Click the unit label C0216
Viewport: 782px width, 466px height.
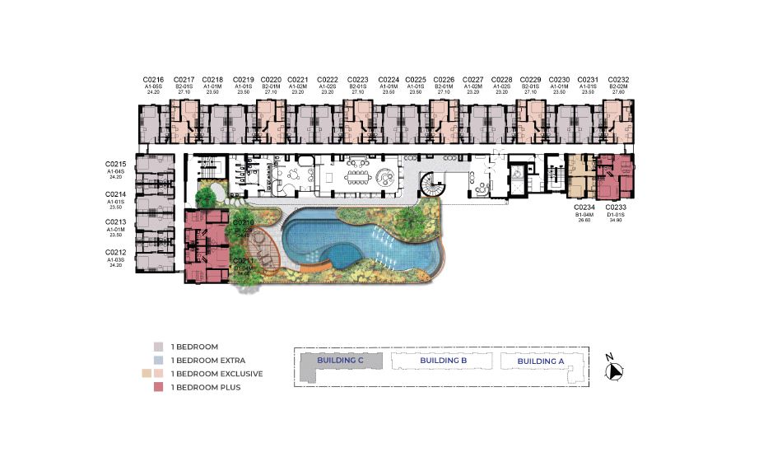point(153,79)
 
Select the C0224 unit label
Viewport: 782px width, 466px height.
point(389,79)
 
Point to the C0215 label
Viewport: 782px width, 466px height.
point(115,163)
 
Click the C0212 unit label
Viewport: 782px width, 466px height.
point(115,252)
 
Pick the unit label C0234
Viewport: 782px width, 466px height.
point(585,208)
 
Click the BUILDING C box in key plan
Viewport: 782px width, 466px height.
point(341,361)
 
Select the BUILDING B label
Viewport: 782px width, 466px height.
point(443,361)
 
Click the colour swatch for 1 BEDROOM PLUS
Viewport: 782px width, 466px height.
point(157,387)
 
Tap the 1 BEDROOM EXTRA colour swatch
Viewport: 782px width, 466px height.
point(157,360)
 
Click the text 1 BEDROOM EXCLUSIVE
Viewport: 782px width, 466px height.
point(216,374)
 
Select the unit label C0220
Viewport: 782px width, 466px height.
point(272,79)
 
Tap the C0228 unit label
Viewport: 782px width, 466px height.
point(502,79)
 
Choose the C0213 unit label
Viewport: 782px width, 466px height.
point(115,222)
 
